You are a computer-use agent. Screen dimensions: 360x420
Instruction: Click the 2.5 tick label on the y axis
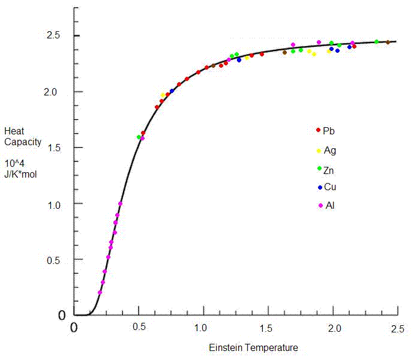tap(56, 35)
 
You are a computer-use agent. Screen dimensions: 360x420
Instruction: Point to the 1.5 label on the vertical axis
tap(56, 148)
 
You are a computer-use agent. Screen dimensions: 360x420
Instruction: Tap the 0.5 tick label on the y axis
tap(56, 259)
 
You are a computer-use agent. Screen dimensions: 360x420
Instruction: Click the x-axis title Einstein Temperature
tap(253, 348)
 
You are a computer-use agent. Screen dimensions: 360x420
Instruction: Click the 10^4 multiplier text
tap(15, 163)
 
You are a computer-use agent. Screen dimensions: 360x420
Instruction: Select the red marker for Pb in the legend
tap(318, 130)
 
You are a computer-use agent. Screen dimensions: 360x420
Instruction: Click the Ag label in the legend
tap(329, 150)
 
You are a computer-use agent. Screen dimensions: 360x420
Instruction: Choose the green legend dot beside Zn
tap(319, 169)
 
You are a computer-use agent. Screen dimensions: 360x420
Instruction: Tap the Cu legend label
tap(329, 187)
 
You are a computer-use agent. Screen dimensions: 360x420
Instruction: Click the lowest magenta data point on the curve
tap(100, 293)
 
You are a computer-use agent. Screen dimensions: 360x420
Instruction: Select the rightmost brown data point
tap(388, 42)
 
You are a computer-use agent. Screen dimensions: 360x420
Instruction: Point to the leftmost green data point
tap(139, 137)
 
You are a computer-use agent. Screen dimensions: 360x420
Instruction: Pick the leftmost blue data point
tap(172, 91)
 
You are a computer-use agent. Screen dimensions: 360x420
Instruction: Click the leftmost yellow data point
tap(163, 95)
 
